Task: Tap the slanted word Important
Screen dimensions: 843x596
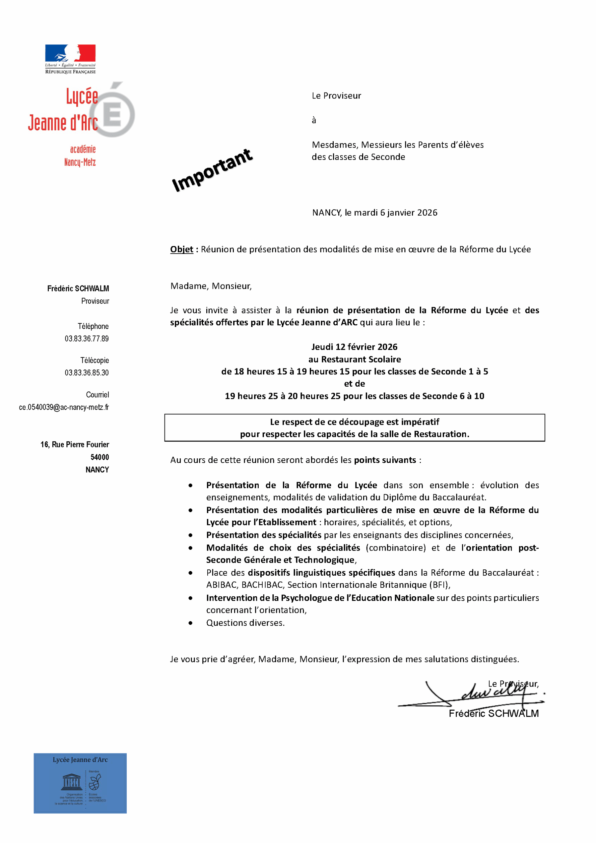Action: tap(212, 170)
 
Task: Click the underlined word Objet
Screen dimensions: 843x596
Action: tap(181, 249)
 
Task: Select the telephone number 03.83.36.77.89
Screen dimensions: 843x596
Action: tap(87, 339)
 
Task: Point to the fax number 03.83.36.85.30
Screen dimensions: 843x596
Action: tap(87, 373)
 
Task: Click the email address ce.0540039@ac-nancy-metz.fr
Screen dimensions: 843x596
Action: tap(64, 407)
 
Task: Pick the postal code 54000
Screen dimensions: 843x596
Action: tap(99, 457)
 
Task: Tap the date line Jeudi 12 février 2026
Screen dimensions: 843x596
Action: tap(354, 347)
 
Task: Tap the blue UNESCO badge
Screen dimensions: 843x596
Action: tap(80, 783)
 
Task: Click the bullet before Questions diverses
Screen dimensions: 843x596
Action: tap(191, 623)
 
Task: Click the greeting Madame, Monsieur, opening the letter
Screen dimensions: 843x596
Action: tap(211, 286)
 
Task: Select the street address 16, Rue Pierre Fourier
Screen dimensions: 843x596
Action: tap(74, 445)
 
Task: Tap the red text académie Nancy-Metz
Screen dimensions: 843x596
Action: tap(80, 156)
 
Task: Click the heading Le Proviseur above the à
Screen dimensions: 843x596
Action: tap(336, 96)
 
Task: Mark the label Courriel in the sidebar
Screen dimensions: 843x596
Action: tap(97, 395)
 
